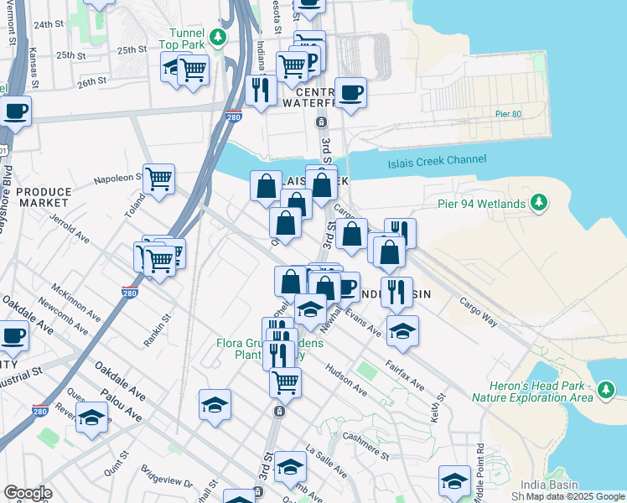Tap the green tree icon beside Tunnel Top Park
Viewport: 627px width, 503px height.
pos(218,37)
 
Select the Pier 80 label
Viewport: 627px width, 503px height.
pos(508,114)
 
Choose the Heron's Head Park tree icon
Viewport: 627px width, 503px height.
pos(604,389)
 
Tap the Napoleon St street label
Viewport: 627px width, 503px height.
pos(118,178)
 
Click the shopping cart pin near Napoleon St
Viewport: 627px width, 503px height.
pos(158,179)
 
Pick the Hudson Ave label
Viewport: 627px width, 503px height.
pos(347,380)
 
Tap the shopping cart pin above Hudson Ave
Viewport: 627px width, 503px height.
pos(286,382)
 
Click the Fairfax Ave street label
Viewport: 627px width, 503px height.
pos(405,376)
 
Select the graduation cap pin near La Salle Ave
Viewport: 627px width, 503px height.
pos(291,467)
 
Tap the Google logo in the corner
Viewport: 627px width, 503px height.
pos(28,493)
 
